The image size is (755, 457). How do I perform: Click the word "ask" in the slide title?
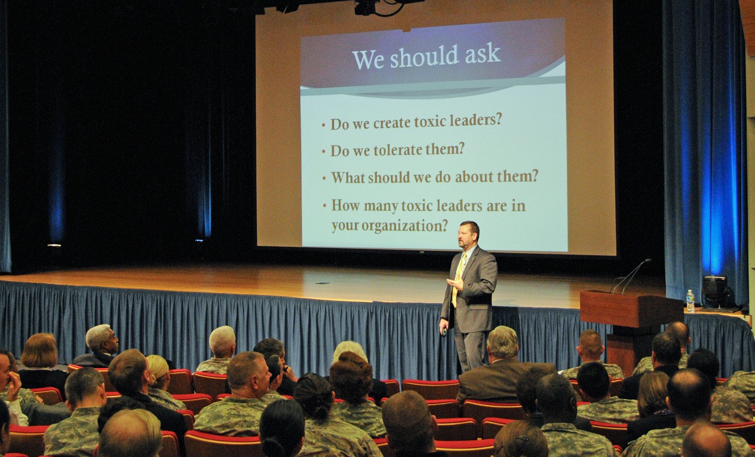(483, 54)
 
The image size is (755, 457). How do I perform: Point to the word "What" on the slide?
(348, 178)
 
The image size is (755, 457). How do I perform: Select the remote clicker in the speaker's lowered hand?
(445, 332)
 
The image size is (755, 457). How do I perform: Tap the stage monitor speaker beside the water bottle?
(715, 291)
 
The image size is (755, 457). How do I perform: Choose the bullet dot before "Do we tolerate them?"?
(324, 152)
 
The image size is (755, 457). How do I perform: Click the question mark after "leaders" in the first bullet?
(498, 119)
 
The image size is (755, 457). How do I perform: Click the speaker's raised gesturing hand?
(455, 283)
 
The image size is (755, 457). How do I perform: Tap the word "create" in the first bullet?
(392, 123)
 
